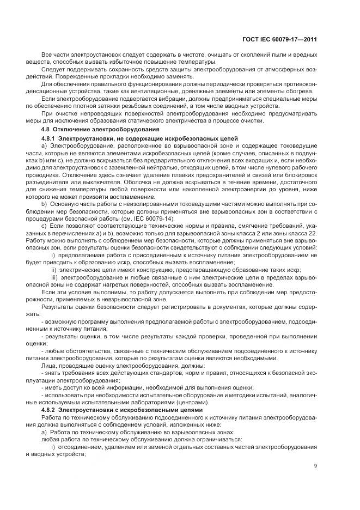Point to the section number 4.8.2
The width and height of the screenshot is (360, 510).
50,409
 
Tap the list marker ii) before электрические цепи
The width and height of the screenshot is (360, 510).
54,271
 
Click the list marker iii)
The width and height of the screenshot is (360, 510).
54,278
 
